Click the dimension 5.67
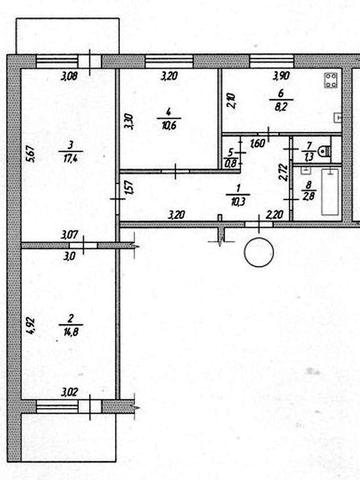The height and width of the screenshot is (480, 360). click(x=30, y=155)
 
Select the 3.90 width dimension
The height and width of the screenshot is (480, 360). click(x=283, y=77)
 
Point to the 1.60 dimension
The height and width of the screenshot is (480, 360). click(x=258, y=144)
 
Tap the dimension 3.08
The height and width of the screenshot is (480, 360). click(x=68, y=77)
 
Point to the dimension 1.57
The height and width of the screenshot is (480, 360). click(x=128, y=187)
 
